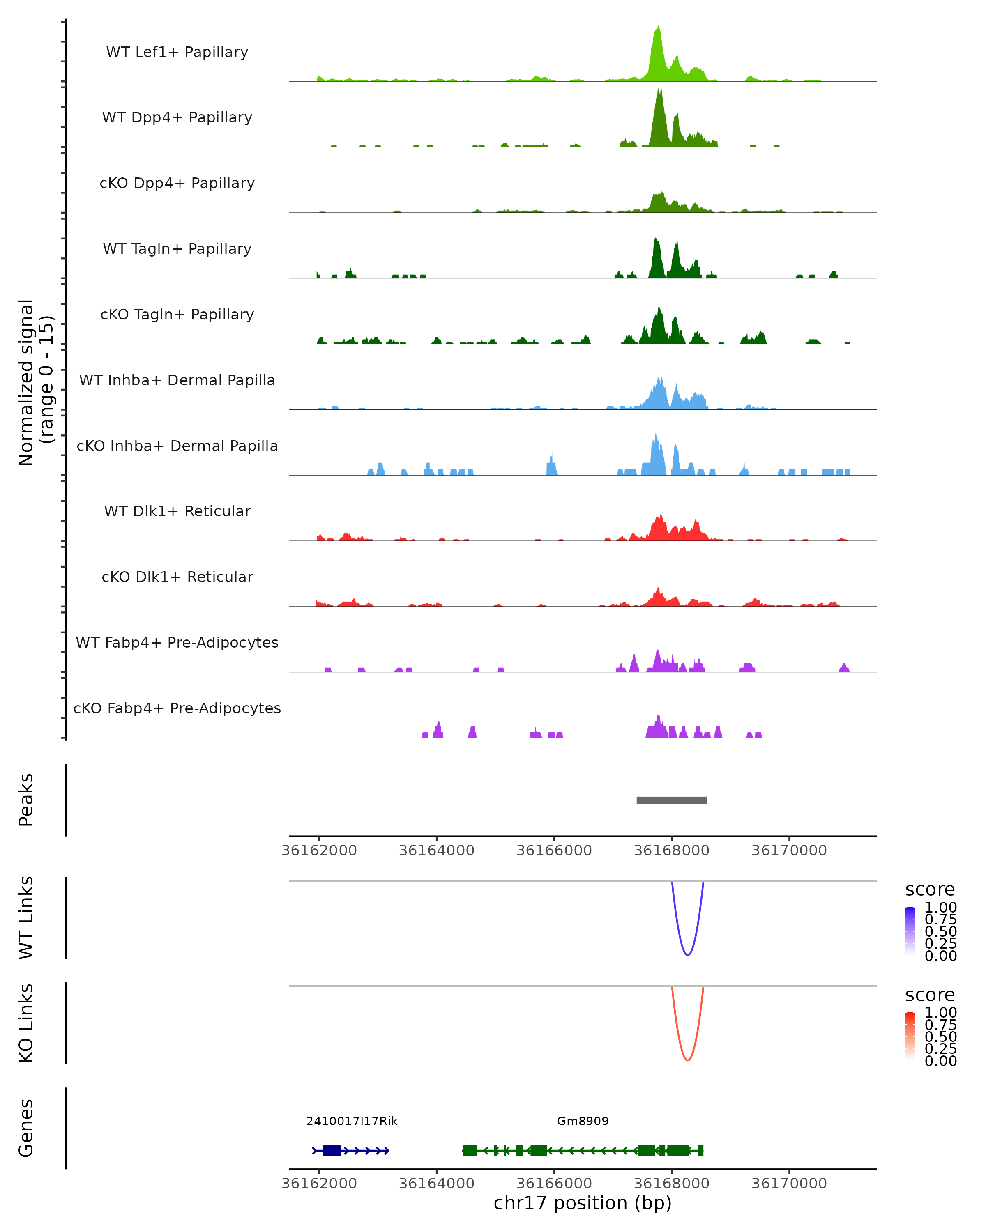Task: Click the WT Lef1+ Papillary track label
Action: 177,52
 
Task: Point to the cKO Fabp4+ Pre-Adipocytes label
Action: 177,708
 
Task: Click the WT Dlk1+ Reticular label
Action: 177,511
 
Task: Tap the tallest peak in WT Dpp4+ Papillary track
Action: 659,92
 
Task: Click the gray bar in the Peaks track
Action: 672,800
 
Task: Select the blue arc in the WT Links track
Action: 688,954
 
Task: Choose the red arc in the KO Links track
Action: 688,1060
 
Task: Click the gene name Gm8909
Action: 583,1121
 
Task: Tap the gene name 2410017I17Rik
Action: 352,1121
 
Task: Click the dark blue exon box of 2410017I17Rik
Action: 332,1150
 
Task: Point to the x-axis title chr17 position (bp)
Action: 583,1203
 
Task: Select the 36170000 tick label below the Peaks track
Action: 789,850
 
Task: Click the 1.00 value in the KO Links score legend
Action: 941,1013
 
